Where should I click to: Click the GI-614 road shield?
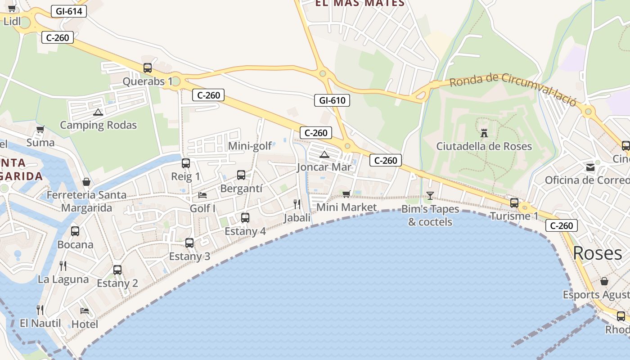click(69, 11)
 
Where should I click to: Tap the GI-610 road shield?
click(332, 100)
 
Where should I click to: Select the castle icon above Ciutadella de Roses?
click(484, 133)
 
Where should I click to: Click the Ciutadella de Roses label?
click(484, 146)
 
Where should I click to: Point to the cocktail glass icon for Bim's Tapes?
click(430, 195)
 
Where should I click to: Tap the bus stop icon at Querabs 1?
click(148, 68)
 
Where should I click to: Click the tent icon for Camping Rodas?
click(98, 112)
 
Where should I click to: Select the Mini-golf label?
click(250, 146)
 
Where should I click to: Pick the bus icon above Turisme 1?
click(514, 203)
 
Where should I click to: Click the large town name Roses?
click(598, 253)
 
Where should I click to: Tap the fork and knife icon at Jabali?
click(297, 204)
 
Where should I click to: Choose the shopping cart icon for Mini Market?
click(346, 194)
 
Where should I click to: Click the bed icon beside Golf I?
click(202, 195)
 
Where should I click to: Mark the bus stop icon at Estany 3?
click(189, 243)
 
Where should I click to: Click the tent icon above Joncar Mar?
click(324, 155)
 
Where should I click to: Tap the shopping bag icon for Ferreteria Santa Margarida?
click(86, 182)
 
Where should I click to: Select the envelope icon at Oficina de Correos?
click(590, 168)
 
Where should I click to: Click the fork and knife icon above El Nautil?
click(40, 310)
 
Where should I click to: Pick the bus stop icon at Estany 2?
click(117, 270)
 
